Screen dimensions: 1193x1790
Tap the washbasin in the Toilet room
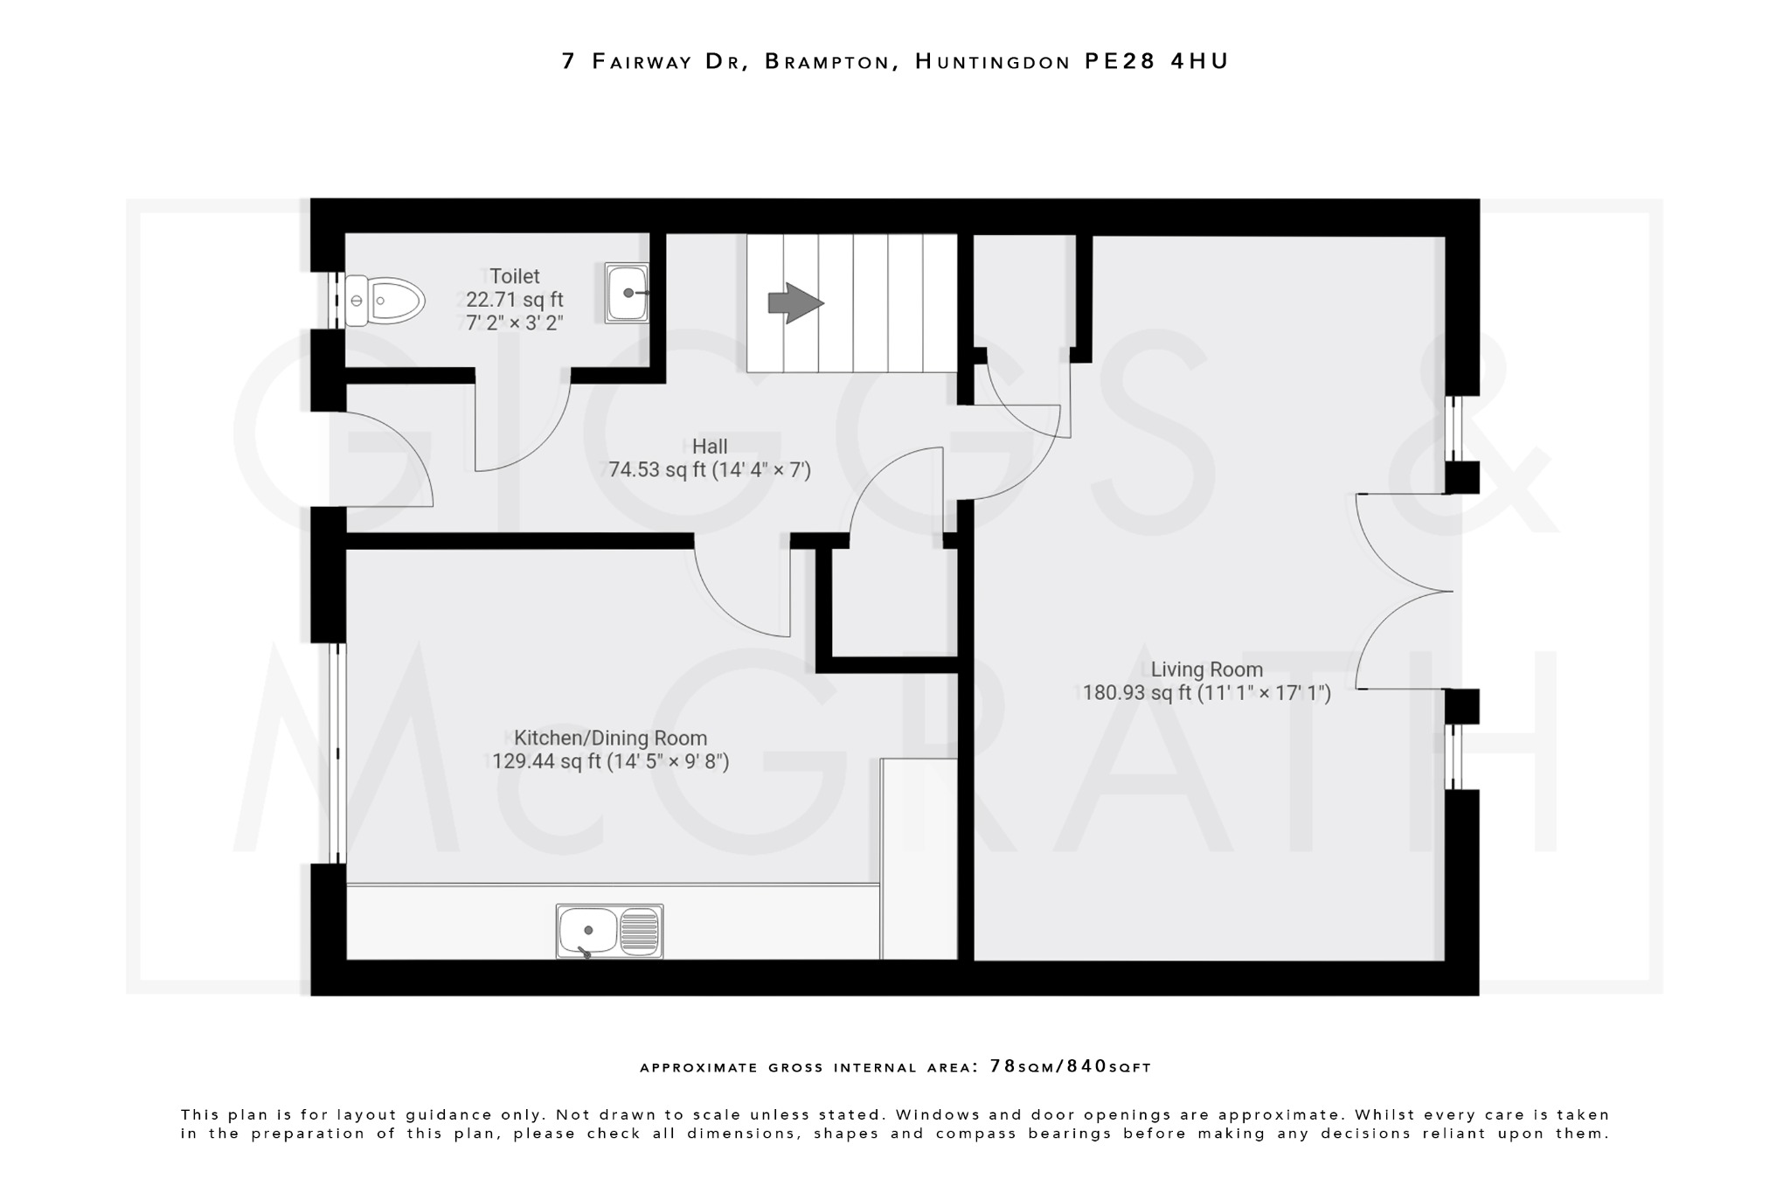[627, 293]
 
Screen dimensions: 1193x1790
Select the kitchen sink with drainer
[609, 931]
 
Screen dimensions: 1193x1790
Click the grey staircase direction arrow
[794, 303]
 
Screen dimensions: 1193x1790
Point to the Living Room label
[1206, 669]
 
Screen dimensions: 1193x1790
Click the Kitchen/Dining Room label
[610, 738]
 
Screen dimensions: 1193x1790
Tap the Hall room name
[710, 447]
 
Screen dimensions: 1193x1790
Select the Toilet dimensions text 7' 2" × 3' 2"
[514, 323]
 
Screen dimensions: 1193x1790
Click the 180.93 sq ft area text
[1137, 693]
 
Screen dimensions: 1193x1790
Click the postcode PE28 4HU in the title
[1156, 61]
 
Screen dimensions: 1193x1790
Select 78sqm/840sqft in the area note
[1070, 1066]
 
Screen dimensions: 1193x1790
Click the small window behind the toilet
[333, 301]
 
